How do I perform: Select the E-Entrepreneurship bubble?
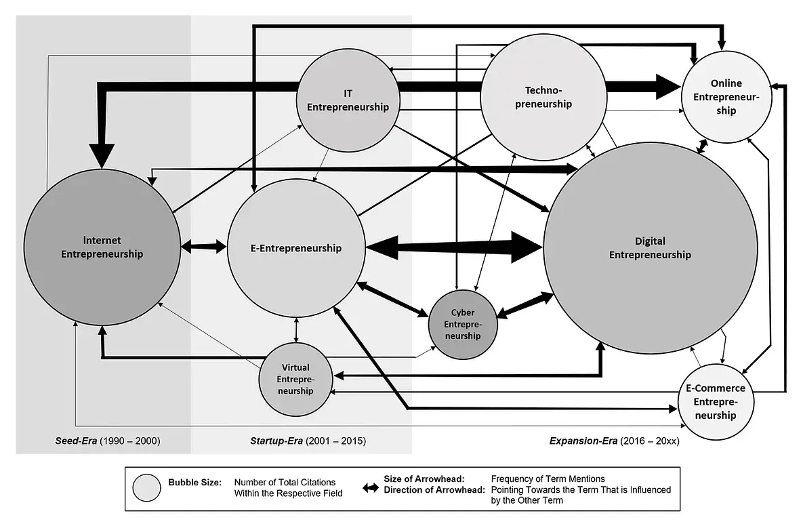coord(293,248)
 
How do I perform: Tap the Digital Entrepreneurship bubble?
coord(650,248)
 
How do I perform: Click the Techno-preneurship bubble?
coord(548,97)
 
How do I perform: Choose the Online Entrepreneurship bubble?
coord(726,96)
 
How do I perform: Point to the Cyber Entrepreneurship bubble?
coord(463,325)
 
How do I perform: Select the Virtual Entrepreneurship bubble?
coord(296,379)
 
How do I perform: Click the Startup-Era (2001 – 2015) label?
coord(303,441)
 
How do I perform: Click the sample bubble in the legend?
coord(147,487)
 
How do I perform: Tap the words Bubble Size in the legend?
coord(194,483)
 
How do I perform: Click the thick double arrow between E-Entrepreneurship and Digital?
coord(454,246)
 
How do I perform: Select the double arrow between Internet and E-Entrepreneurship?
coord(204,247)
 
